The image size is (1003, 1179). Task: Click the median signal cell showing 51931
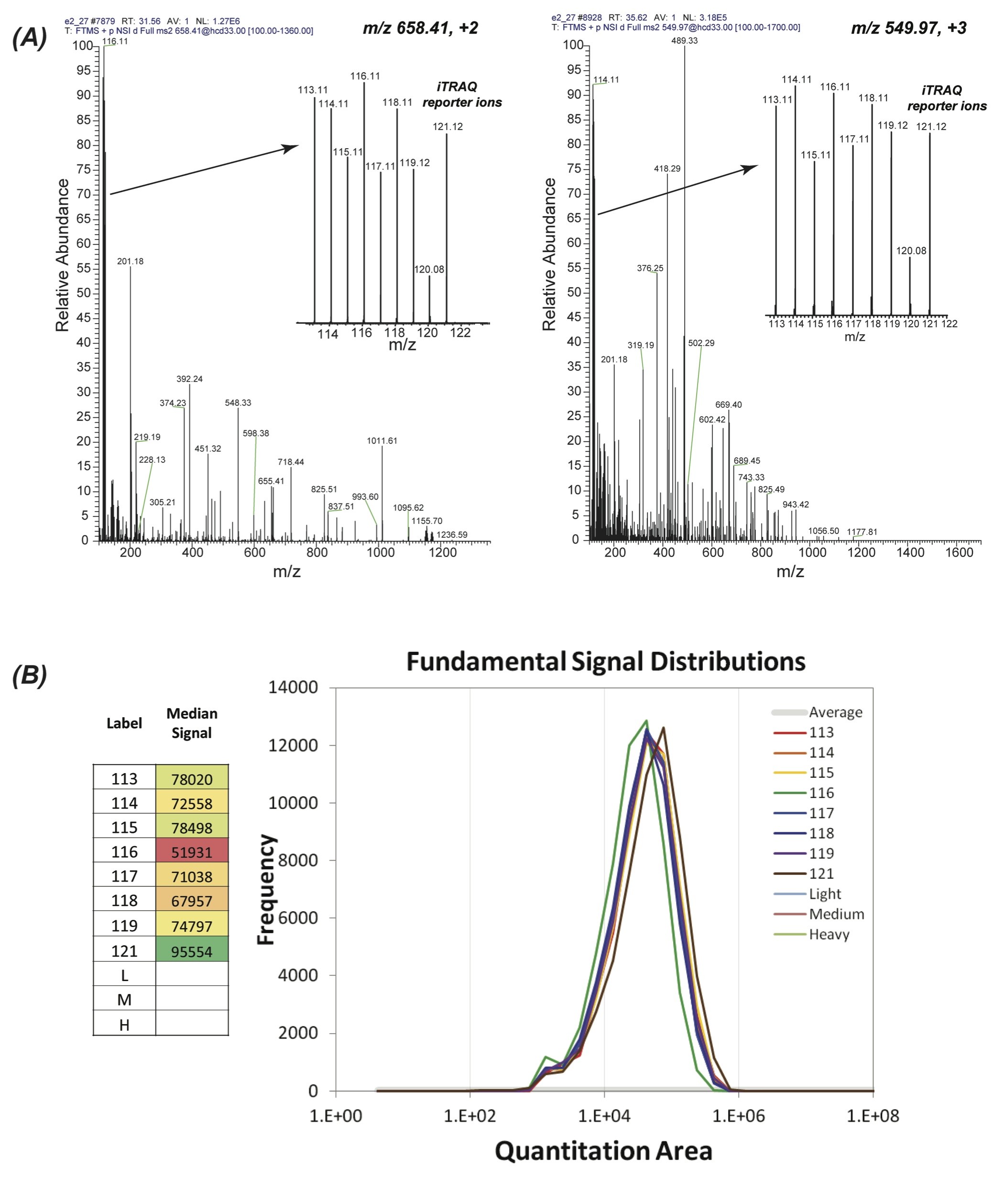(192, 852)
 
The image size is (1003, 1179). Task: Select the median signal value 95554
(192, 951)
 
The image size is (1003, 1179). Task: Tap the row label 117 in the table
(124, 876)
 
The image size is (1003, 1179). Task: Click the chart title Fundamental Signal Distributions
(606, 662)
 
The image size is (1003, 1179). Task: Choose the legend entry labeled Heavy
(829, 934)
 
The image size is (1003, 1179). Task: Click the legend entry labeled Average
(835, 712)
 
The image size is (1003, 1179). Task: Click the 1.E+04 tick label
(604, 1116)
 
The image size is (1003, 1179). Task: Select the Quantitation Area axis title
(603, 1151)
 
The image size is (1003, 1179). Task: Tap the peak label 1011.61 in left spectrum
(382, 440)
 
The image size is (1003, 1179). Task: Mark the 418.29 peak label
(667, 169)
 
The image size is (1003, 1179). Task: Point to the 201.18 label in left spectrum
(130, 262)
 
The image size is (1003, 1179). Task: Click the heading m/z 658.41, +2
(420, 28)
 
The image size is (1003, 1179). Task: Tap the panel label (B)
(30, 676)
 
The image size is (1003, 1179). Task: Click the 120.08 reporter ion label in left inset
(429, 270)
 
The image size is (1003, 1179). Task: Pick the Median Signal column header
(192, 723)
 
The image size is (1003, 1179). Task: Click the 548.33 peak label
(238, 403)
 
